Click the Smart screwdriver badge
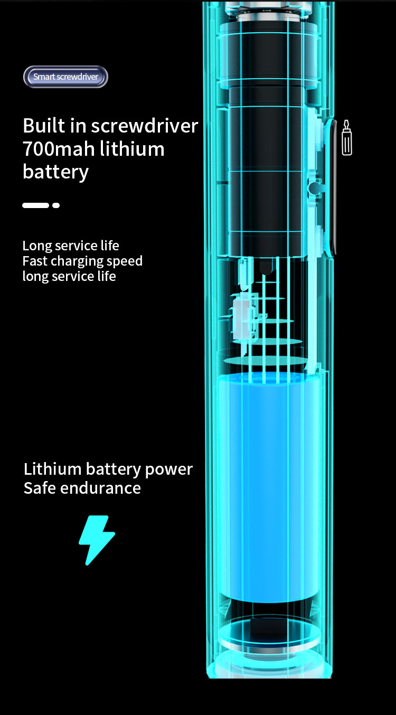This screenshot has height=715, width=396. point(65,77)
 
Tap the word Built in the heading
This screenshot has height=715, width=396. point(44,126)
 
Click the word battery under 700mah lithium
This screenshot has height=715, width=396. point(55,172)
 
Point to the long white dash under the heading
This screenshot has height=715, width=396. point(35,205)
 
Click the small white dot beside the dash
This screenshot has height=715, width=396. point(56,205)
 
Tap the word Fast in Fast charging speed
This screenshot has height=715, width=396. point(34,261)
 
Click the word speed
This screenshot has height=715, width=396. point(125,261)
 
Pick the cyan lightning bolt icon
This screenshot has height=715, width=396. point(97,540)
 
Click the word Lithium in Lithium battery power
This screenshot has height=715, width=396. point(52,469)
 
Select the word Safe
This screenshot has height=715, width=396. point(39,488)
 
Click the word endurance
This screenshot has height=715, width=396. point(100,488)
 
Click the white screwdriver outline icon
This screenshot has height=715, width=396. point(347,138)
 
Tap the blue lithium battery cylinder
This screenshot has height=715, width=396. point(269,486)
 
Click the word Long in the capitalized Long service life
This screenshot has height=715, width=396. point(36,246)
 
